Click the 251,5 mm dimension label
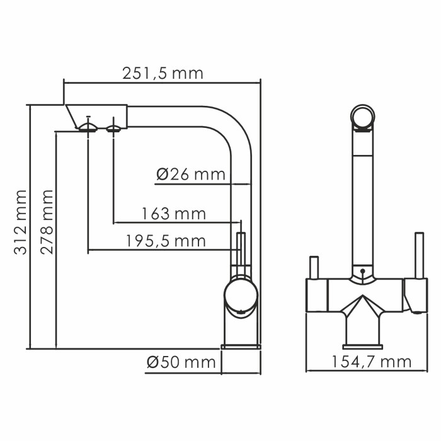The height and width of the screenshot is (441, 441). click(x=163, y=73)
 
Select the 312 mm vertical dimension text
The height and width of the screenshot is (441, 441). click(x=21, y=221)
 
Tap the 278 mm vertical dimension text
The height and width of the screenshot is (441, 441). click(x=46, y=221)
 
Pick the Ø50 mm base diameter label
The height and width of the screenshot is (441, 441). click(x=181, y=362)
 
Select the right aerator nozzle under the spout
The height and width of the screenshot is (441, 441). click(x=114, y=129)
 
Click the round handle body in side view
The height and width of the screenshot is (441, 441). click(x=240, y=295)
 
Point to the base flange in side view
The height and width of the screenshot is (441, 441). click(x=241, y=346)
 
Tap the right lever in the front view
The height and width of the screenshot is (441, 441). click(x=416, y=255)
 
